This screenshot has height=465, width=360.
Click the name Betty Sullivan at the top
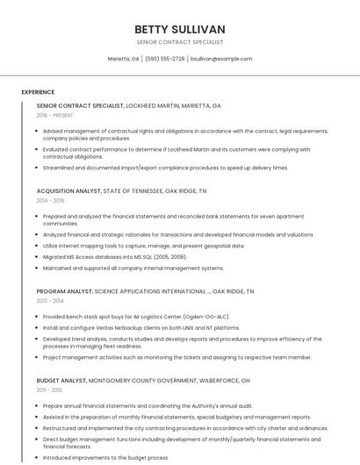[x=180, y=29]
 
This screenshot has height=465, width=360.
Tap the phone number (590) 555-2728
[x=165, y=59]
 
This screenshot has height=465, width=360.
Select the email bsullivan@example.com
[x=221, y=59]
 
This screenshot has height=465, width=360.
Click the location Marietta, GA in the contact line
[x=123, y=59]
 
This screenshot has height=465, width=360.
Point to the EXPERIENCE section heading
[x=38, y=92]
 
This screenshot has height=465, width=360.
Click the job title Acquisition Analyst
[x=68, y=190]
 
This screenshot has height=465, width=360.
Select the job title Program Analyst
[x=64, y=290]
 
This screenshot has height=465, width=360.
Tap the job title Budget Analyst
[x=61, y=381]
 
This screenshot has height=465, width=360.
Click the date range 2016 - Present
[x=54, y=115]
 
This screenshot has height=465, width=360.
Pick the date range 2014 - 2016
[x=50, y=200]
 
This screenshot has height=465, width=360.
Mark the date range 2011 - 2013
[x=49, y=390]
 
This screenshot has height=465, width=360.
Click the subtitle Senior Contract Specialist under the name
[x=180, y=42]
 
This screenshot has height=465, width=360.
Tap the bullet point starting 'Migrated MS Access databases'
[x=114, y=257]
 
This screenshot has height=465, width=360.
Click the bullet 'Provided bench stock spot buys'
[x=135, y=316]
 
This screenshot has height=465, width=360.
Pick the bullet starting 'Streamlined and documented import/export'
[x=165, y=168]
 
